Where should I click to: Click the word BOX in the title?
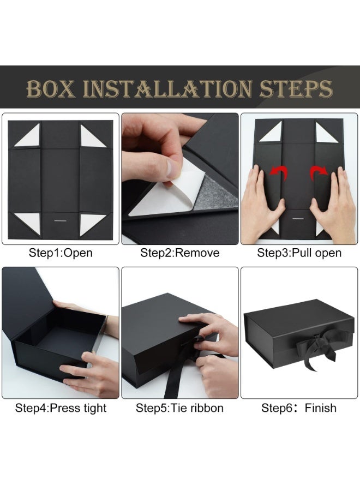coord(51,88)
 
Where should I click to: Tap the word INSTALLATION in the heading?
coord(167,88)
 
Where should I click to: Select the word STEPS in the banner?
coord(296,88)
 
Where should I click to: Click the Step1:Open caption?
coord(61,253)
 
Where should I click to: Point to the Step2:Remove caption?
coord(179,253)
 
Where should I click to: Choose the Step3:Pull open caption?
coord(299,253)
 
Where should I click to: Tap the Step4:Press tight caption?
coord(61,408)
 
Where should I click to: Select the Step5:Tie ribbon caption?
coord(179,408)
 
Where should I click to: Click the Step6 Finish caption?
coord(299,408)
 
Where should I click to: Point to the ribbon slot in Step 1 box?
coord(60,221)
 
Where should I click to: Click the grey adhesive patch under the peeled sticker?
coord(213,194)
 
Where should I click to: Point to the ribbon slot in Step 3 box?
coord(298,218)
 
